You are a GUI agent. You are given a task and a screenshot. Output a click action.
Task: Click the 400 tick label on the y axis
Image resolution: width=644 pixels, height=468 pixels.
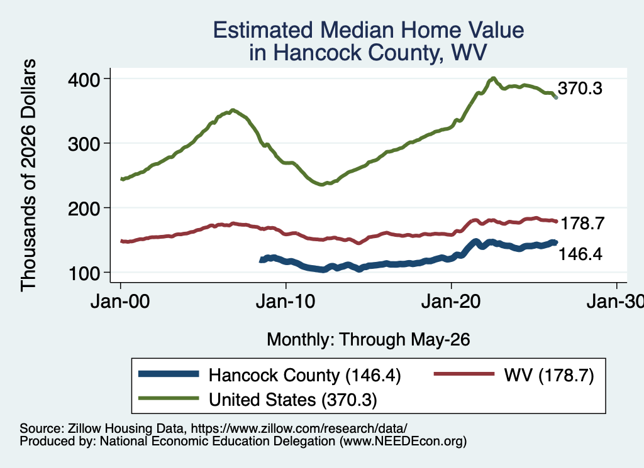(84, 79)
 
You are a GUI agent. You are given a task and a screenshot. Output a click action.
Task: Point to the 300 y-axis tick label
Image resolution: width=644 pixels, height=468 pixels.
(84, 144)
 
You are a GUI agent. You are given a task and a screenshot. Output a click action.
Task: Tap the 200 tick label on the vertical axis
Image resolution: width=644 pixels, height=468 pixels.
(84, 209)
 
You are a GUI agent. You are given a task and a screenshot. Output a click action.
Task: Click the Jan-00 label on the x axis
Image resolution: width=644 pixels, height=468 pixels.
(120, 302)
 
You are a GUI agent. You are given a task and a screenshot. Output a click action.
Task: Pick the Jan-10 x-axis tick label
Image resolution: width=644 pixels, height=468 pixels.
(286, 302)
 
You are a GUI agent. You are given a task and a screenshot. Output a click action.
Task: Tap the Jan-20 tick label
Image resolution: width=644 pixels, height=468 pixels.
(451, 302)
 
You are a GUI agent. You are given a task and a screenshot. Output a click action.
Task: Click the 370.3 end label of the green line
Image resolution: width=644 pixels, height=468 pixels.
(580, 88)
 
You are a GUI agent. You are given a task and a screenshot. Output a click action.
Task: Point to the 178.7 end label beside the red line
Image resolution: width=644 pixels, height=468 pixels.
(582, 224)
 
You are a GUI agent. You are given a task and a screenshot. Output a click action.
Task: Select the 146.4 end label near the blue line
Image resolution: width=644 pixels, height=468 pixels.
(580, 254)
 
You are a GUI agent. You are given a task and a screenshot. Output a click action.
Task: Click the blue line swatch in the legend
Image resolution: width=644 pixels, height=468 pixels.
(169, 374)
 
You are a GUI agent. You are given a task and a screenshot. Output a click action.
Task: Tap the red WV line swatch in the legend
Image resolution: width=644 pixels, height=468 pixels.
(464, 374)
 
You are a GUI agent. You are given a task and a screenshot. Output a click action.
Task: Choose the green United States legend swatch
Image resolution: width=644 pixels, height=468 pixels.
(169, 398)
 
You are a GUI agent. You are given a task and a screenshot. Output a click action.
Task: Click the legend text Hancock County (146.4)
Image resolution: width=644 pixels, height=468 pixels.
(304, 375)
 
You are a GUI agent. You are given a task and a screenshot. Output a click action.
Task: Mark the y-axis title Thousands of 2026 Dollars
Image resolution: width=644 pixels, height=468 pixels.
(28, 175)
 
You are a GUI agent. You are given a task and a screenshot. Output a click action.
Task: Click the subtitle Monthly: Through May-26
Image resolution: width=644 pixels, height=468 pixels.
(369, 340)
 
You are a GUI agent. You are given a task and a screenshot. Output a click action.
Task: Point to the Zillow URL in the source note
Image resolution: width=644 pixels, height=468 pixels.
(299, 428)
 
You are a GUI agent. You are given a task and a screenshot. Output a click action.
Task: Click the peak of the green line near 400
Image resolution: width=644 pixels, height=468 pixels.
(493, 79)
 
